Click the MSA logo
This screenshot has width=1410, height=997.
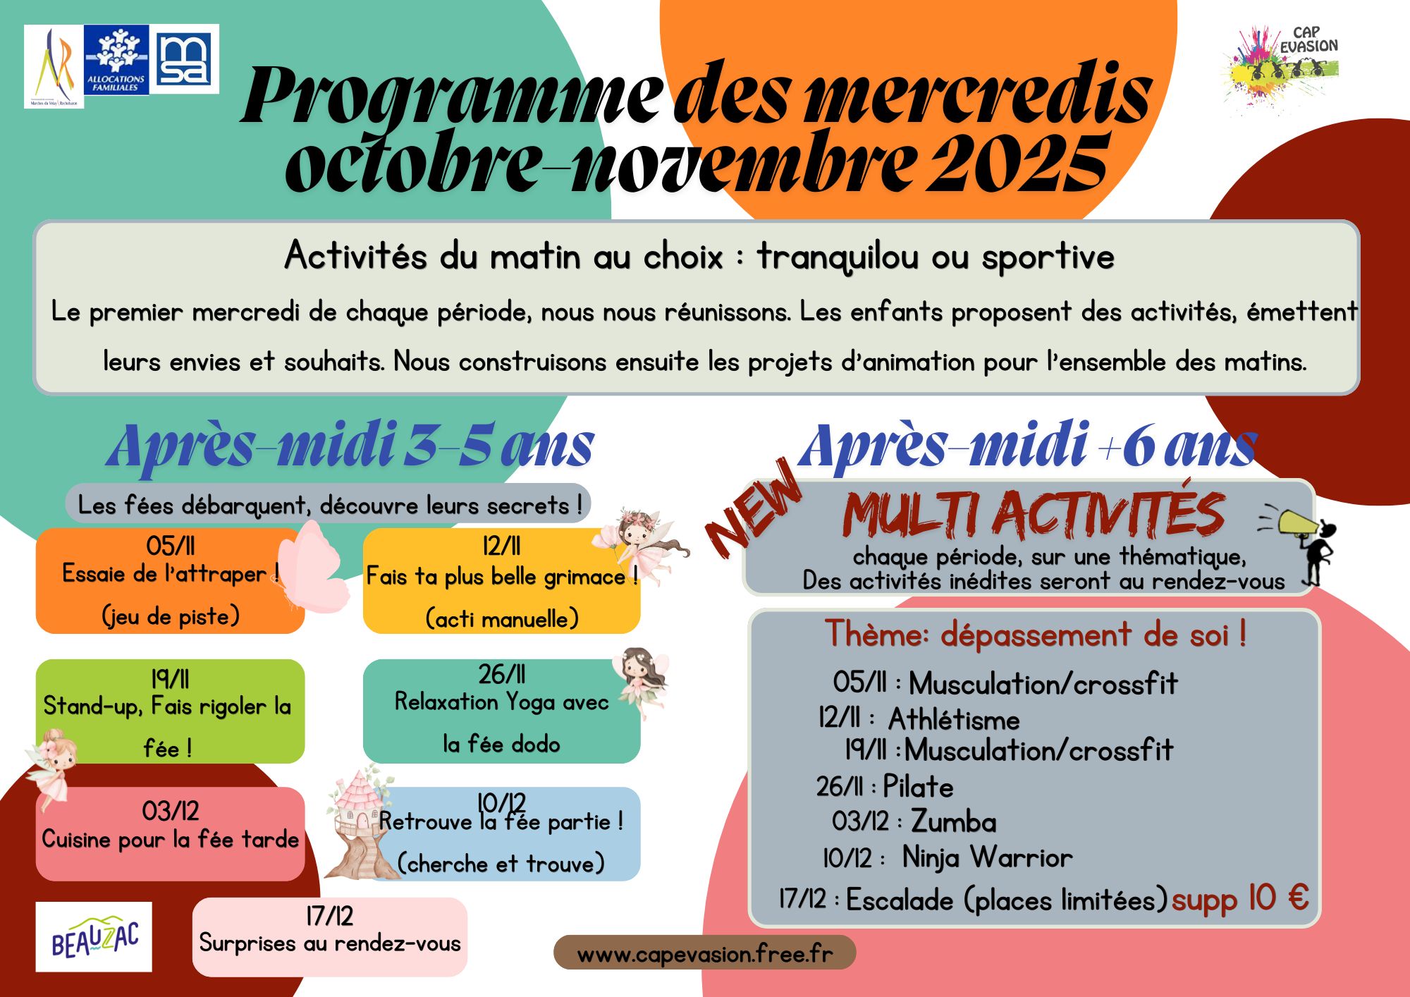coord(184,59)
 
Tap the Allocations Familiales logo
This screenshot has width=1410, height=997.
coord(116,60)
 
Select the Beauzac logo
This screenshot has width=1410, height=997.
coord(94,937)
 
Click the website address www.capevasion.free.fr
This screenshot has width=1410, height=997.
coord(704,954)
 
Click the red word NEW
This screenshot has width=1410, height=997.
coord(753,509)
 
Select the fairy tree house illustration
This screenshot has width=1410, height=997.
coord(358,825)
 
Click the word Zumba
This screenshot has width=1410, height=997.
coord(953,822)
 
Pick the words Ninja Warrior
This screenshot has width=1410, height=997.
coord(987,858)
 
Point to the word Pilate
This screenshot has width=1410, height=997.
coord(918,787)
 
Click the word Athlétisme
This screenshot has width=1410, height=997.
coord(953,720)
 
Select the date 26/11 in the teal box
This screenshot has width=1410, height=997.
coord(501,675)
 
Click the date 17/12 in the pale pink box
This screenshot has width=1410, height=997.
coord(329,916)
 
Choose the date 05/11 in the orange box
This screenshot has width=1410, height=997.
coord(170,546)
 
